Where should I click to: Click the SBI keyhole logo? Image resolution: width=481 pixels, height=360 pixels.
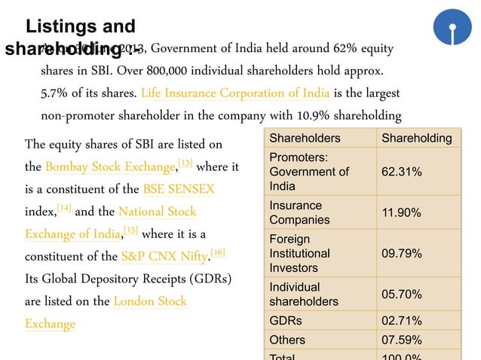(x=452, y=28)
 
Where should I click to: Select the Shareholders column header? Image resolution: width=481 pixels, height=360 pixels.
(x=305, y=138)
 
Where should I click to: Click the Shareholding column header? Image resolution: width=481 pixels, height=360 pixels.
(x=416, y=138)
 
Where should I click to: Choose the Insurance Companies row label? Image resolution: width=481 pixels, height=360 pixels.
(x=299, y=212)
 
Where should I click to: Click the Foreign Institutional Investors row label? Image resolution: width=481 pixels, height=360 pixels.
(x=299, y=254)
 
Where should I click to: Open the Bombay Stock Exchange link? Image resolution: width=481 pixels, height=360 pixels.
(x=110, y=166)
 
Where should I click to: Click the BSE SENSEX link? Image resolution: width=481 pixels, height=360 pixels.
(x=179, y=189)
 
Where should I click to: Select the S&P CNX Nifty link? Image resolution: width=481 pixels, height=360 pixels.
(x=165, y=256)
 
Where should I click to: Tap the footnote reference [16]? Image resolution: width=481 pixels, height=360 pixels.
(x=218, y=252)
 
